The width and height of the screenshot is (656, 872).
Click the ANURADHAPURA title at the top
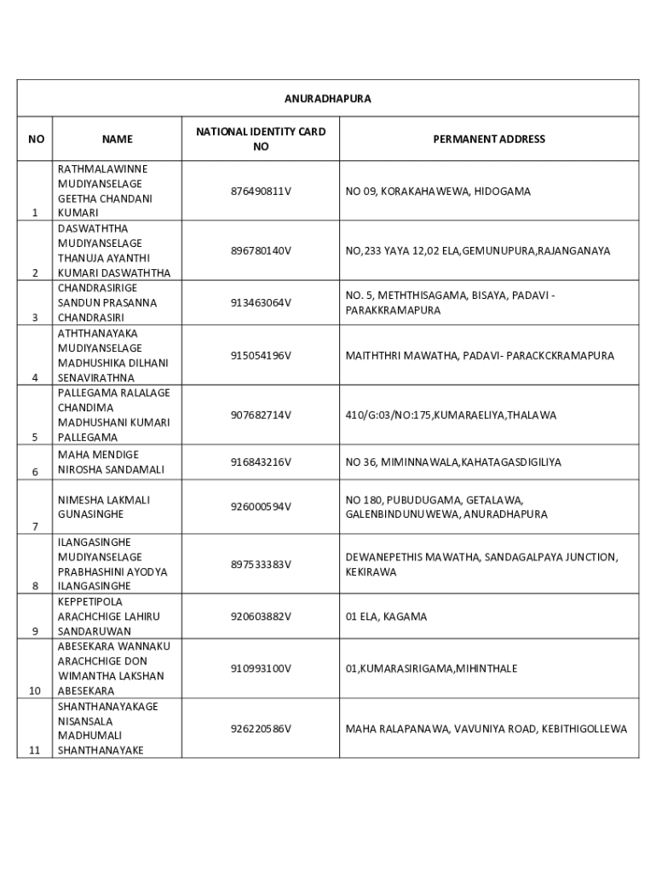pyautogui.click(x=328, y=99)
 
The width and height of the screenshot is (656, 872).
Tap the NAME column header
pyautogui.click(x=118, y=139)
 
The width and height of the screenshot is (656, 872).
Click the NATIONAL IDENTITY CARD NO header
pyautogui.click(x=261, y=139)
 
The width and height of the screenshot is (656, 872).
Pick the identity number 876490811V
pyautogui.click(x=261, y=192)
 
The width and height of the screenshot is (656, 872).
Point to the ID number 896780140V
pyautogui.click(x=261, y=251)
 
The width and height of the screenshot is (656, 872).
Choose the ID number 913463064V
pyautogui.click(x=261, y=303)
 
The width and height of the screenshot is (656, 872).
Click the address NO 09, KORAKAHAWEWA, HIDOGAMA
pyautogui.click(x=438, y=192)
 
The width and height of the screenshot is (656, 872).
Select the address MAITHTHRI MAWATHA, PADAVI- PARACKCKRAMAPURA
pyautogui.click(x=480, y=356)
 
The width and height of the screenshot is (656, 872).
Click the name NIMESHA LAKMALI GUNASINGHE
pyautogui.click(x=103, y=508)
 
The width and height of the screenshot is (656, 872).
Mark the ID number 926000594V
pyautogui.click(x=261, y=507)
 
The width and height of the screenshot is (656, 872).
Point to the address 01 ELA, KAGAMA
pyautogui.click(x=386, y=617)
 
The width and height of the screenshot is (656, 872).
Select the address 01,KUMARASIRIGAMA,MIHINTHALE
pyautogui.click(x=431, y=669)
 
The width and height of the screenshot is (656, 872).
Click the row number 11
pyautogui.click(x=35, y=750)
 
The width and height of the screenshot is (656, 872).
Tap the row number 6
pyautogui.click(x=35, y=472)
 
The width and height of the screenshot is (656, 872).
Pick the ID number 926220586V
pyautogui.click(x=261, y=729)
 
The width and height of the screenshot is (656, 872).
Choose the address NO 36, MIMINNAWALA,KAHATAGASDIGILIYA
pyautogui.click(x=453, y=462)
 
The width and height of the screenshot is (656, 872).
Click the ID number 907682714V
pyautogui.click(x=261, y=416)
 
